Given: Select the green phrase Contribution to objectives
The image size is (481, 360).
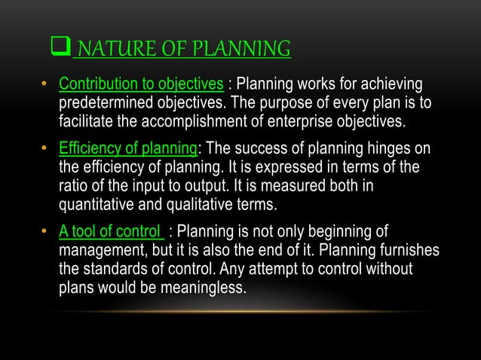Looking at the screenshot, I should [140, 83].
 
